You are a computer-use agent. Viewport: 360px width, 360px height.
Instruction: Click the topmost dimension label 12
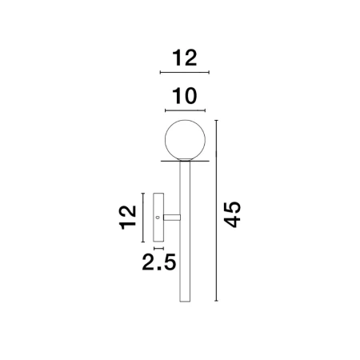click(x=185, y=58)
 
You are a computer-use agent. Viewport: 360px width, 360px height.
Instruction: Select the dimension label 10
click(x=185, y=96)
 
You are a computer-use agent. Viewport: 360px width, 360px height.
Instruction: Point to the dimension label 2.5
click(x=159, y=262)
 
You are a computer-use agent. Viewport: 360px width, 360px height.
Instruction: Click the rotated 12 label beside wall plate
click(x=128, y=218)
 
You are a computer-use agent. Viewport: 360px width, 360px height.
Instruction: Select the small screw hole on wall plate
click(x=158, y=217)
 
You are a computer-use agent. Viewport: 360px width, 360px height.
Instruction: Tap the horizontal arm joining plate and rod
click(x=172, y=218)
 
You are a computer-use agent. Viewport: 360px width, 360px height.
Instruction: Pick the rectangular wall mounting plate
click(x=158, y=218)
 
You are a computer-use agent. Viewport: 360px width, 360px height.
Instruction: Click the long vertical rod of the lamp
click(x=185, y=231)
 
